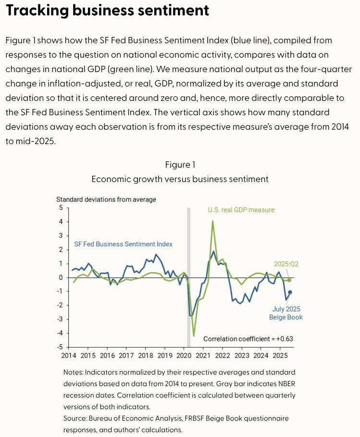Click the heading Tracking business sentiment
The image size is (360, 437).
pos(107,11)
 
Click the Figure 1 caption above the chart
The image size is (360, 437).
pos(180,165)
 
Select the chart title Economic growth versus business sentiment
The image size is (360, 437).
pos(180,179)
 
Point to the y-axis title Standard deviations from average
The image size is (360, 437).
pos(106,199)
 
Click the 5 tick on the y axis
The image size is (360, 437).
pos(61,208)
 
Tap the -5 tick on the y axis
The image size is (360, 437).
pos(60,347)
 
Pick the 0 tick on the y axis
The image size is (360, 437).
pos(61,278)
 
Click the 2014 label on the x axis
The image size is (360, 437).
pos(69,356)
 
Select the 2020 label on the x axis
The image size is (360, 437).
pos(184,356)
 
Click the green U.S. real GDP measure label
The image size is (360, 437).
pos(241,210)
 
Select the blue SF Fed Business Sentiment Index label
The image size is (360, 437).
pos(124,244)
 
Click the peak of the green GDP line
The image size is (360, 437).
pos(212,221)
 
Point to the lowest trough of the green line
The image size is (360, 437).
pos(194,336)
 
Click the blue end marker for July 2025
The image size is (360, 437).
pos(290,292)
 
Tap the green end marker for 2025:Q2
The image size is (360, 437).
pos(289,280)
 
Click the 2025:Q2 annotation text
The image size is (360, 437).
pos(287,264)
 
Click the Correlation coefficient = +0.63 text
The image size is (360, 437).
pos(248,339)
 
